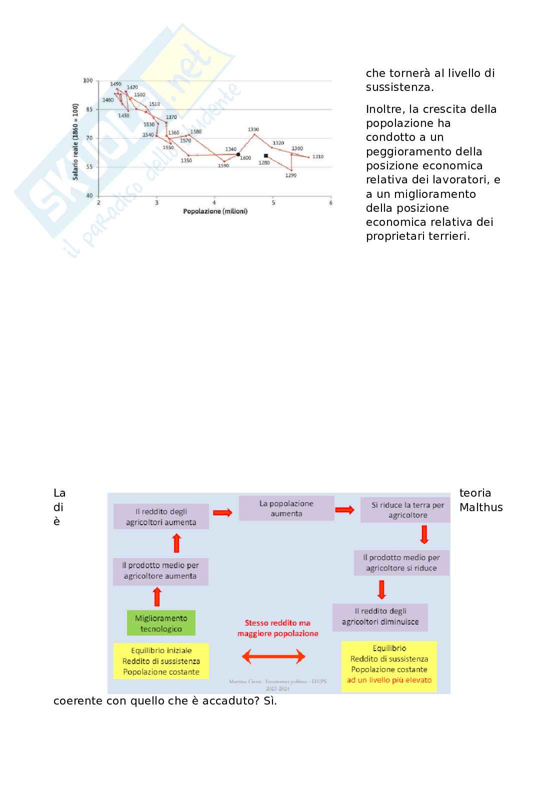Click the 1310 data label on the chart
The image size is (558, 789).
pos(318,157)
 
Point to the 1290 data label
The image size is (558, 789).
pos(291,175)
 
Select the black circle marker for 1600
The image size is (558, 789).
pos(238,154)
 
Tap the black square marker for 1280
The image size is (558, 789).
pos(266,156)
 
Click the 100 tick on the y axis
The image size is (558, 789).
pos(88,80)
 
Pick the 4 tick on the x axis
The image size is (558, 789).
pos(214,202)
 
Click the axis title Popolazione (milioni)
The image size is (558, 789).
pos(215,211)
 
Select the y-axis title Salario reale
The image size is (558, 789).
pos(75,141)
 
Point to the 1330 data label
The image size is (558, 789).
pos(253,129)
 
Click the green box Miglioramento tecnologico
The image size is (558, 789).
pos(161,623)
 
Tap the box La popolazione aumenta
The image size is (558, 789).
pos(286,508)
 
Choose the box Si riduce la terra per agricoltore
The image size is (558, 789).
pos(407,510)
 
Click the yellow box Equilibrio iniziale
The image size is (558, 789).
pos(161,661)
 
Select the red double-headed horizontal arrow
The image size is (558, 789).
pos(273,656)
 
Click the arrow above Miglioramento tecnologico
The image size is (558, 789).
pos(157,597)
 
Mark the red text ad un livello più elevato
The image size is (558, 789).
pos(389,680)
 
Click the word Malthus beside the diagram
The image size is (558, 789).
pos(481,507)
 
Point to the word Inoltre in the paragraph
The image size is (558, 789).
pos(383,109)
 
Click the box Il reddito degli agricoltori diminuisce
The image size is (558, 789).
pos(380,617)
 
